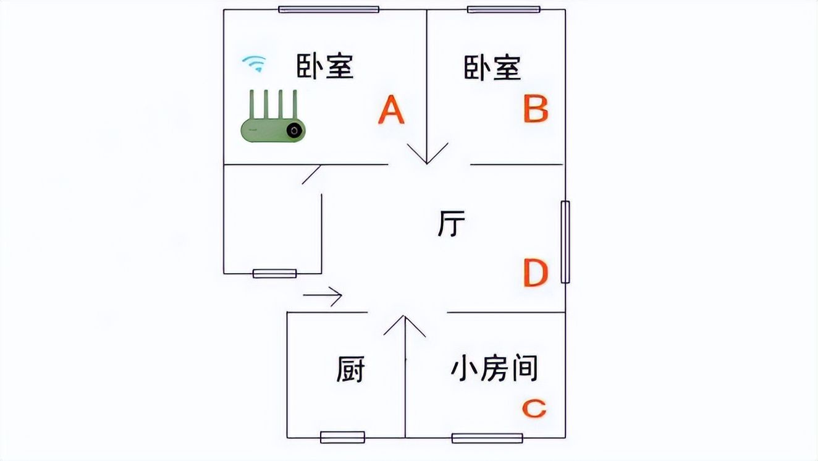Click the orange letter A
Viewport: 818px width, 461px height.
[391, 111]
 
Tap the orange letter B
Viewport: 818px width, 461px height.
[535, 109]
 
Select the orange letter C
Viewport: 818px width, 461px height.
[534, 408]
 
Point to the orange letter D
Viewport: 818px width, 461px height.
[535, 274]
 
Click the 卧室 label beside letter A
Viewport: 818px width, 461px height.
[325, 66]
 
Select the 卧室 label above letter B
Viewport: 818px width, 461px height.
[492, 67]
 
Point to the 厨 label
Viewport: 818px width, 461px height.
[350, 370]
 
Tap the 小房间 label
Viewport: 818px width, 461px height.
[494, 368]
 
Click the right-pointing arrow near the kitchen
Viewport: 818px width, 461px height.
[323, 296]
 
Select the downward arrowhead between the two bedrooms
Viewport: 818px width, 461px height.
[427, 153]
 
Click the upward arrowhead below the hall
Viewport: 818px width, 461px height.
[405, 325]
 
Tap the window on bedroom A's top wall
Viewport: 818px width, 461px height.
[328, 9]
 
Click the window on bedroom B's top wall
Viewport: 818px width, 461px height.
[504, 9]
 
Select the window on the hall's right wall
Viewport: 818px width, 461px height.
[565, 242]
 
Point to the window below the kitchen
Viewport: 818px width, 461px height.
[342, 438]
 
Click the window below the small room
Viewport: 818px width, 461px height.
[487, 438]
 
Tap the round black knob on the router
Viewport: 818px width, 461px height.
[294, 130]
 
